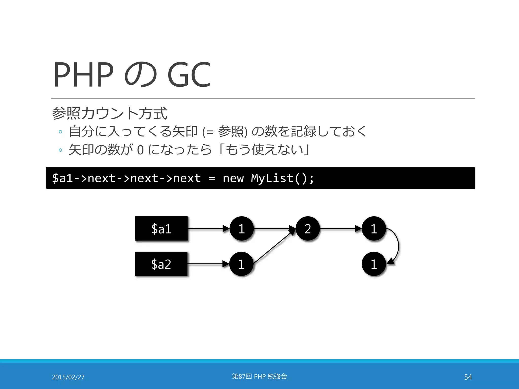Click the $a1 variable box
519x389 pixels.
point(161,229)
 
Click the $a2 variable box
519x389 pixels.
point(161,264)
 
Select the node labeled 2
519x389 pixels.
point(308,229)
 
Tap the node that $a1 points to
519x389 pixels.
point(242,229)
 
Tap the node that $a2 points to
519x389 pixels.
point(241,264)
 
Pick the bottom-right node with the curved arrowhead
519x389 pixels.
point(374,264)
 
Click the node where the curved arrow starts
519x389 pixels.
point(374,229)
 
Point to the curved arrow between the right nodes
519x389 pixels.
point(398,246)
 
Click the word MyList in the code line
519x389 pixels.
point(272,178)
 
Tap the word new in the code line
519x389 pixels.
point(233,178)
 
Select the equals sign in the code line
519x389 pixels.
point(212,178)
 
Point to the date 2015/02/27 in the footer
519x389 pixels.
point(68,377)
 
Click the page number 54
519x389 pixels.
point(468,377)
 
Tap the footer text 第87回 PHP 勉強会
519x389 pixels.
point(259,376)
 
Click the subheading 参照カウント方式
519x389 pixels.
point(109,113)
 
